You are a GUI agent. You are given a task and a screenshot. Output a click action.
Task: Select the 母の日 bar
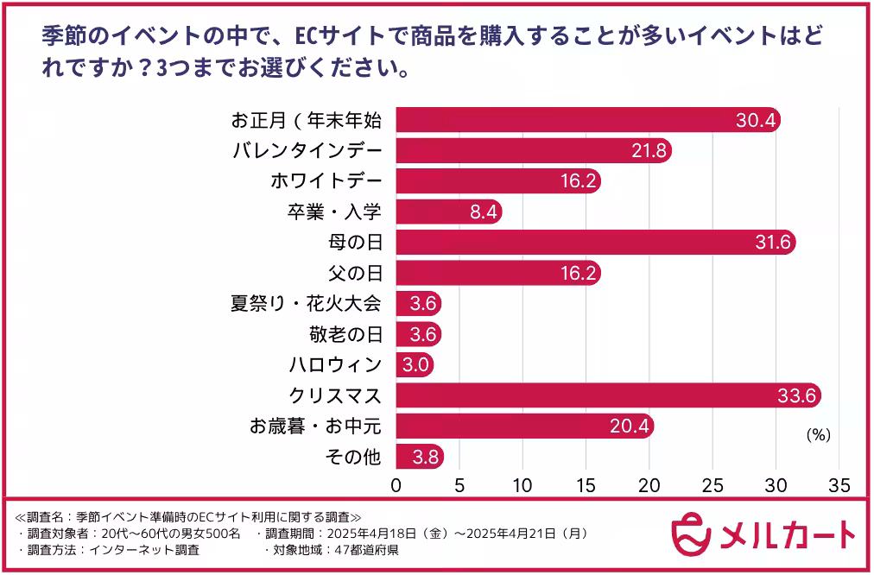tap(596, 243)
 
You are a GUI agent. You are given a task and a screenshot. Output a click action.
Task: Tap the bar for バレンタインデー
tap(534, 151)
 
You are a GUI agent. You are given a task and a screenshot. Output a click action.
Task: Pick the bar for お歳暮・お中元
tap(525, 426)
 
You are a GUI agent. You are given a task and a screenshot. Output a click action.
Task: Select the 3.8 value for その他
tap(421, 457)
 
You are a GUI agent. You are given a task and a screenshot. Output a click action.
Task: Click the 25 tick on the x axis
tap(712, 484)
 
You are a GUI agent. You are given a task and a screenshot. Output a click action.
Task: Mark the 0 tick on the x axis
tap(396, 484)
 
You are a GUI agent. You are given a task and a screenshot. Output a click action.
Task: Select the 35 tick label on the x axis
tap(839, 484)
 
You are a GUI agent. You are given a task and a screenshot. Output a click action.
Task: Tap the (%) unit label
tap(818, 436)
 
